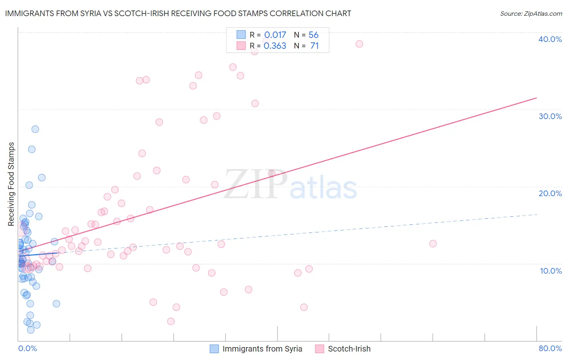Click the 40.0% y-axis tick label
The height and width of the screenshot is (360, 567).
(550, 39)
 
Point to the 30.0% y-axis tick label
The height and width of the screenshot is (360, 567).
(550, 116)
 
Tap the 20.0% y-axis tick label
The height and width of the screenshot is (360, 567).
(550, 193)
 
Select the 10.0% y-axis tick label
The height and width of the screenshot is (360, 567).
(551, 271)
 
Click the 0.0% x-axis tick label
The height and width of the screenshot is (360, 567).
(27, 348)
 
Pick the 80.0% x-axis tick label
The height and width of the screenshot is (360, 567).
(550, 348)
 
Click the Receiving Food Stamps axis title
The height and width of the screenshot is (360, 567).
(11, 184)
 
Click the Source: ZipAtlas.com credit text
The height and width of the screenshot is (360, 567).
(531, 14)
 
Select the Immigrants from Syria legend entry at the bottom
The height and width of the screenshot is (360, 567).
(256, 349)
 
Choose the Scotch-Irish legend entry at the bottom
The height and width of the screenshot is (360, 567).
(343, 349)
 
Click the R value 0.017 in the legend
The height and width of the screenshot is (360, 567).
(275, 35)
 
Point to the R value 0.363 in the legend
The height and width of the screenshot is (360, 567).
(275, 46)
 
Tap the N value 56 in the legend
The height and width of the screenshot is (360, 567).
(313, 35)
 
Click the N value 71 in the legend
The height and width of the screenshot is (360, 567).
(314, 46)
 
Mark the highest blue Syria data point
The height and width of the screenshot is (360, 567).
(35, 129)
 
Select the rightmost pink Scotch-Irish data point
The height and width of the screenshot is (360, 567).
(433, 243)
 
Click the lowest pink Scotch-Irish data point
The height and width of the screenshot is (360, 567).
(171, 321)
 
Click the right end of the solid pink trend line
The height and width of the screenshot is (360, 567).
(536, 98)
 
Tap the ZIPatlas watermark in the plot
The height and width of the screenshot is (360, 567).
(290, 185)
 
